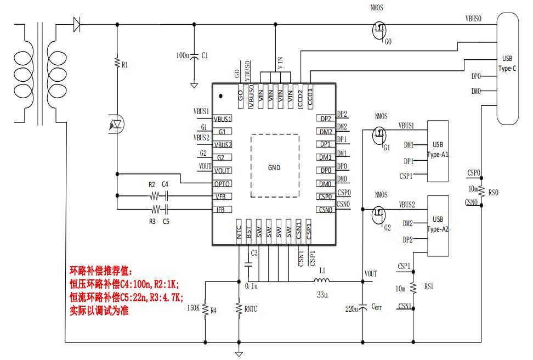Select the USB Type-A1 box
pyautogui.click(x=438, y=151)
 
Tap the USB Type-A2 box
pyautogui.click(x=438, y=225)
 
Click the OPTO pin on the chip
pyautogui.click(x=222, y=184)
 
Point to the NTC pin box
pyautogui.click(x=239, y=229)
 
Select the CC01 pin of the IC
pyautogui.click(x=310, y=98)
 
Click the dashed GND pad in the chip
pyautogui.click(x=275, y=167)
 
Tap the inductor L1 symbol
pyautogui.click(x=323, y=282)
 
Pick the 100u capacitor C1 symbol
pyautogui.click(x=194, y=56)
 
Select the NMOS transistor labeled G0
pyautogui.click(x=378, y=30)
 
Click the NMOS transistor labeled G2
pyautogui.click(x=378, y=215)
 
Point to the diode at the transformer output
pyautogui.click(x=77, y=24)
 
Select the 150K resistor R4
pyautogui.click(x=205, y=309)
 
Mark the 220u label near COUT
pyautogui.click(x=351, y=309)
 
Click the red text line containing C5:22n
pyautogui.click(x=125, y=296)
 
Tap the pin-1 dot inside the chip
pyautogui.click(x=220, y=95)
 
